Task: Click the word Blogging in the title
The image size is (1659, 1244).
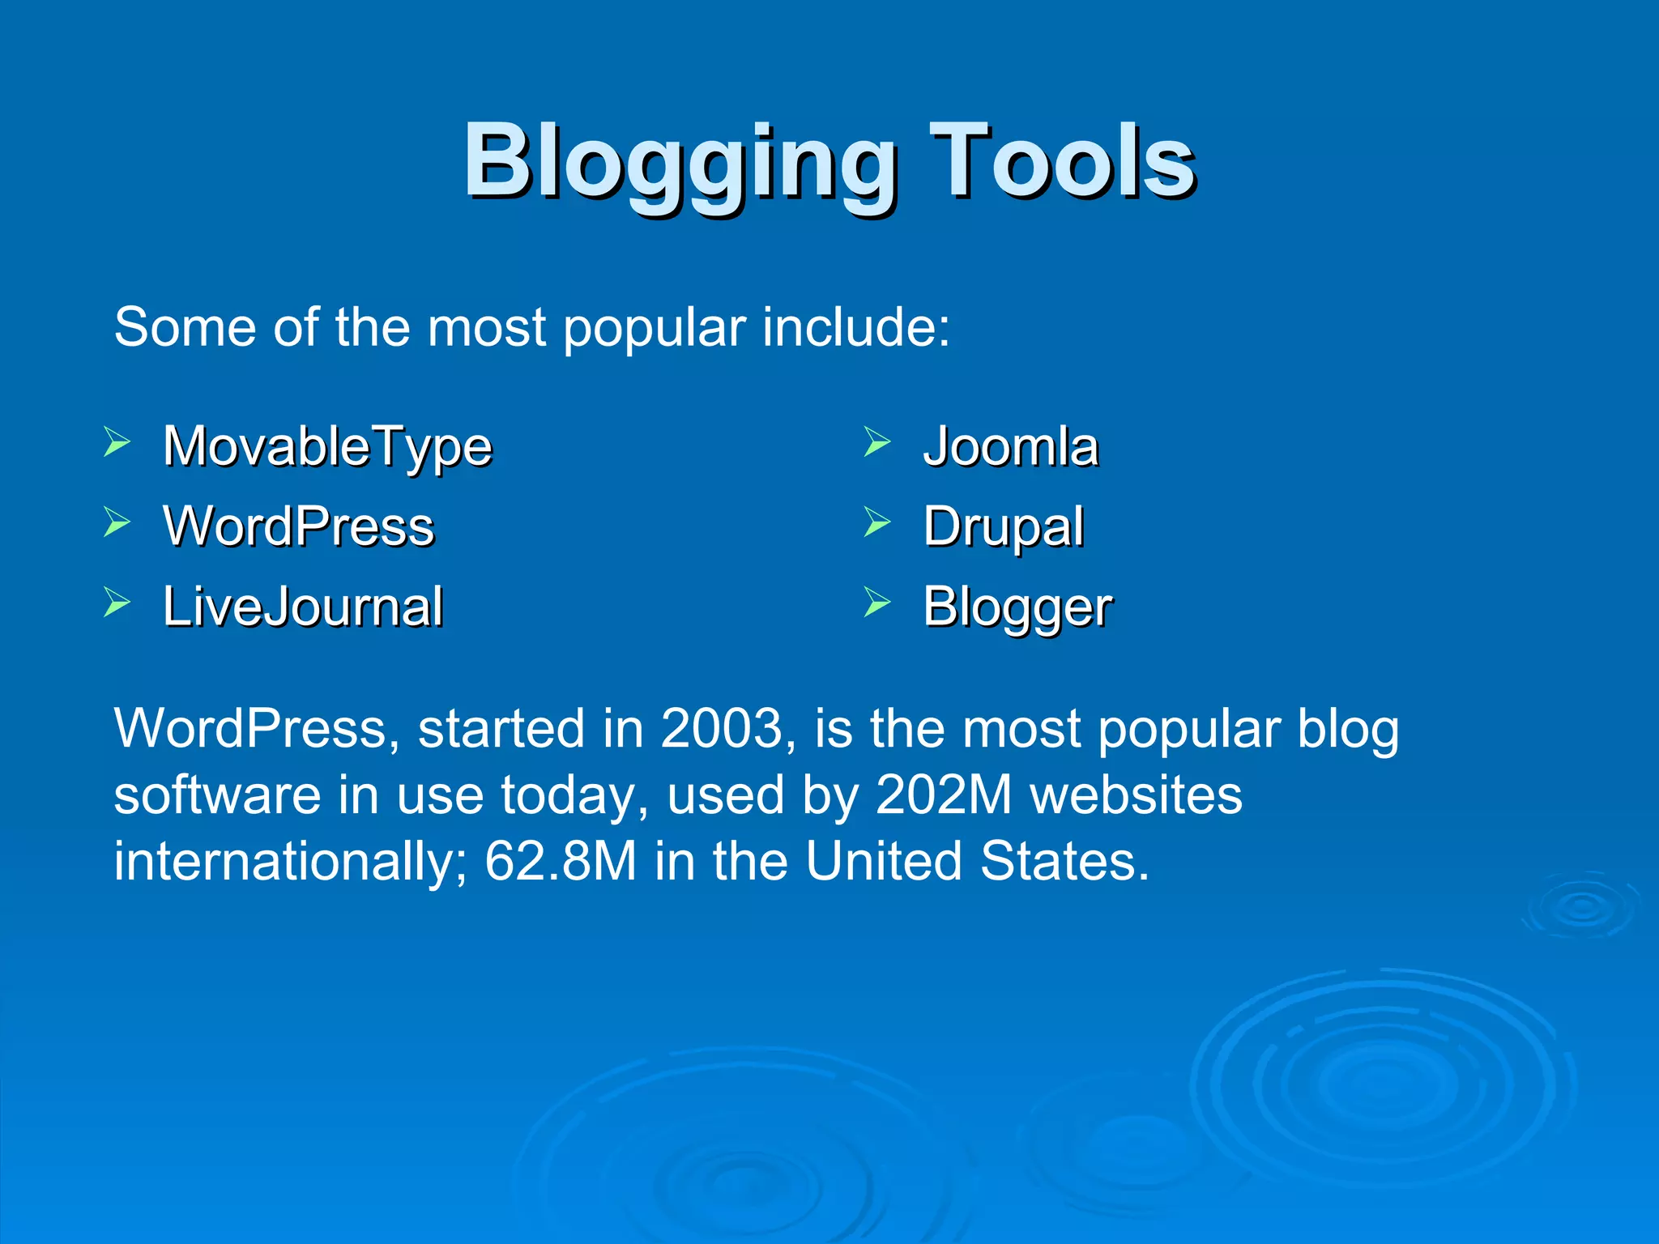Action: pyautogui.click(x=680, y=162)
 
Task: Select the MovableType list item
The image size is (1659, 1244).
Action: pyautogui.click(x=327, y=446)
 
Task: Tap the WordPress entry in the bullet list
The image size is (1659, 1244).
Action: pyautogui.click(x=298, y=526)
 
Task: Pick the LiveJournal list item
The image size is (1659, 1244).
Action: pyautogui.click(x=303, y=607)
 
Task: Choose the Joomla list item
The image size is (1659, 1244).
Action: pyautogui.click(x=1010, y=446)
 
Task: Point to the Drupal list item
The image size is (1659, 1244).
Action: pyautogui.click(x=1003, y=527)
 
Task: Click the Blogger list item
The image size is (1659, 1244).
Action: pyautogui.click(x=1017, y=607)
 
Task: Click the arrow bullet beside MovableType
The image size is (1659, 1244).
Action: pyautogui.click(x=117, y=442)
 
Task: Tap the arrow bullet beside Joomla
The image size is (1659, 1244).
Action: pyautogui.click(x=876, y=442)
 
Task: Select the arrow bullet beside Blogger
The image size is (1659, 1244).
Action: pyautogui.click(x=876, y=603)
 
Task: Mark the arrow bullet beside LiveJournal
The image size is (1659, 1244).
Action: pyautogui.click(x=117, y=603)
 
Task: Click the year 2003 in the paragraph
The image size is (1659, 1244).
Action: pyautogui.click(x=720, y=728)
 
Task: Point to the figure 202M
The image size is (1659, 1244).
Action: pyautogui.click(x=943, y=795)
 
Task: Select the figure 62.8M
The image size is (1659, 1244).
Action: pyautogui.click(x=560, y=861)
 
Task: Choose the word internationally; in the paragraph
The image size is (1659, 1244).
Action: pyautogui.click(x=290, y=862)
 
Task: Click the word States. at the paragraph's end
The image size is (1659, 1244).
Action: pyautogui.click(x=1064, y=861)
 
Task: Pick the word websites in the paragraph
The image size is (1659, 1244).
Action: pyautogui.click(x=1136, y=795)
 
